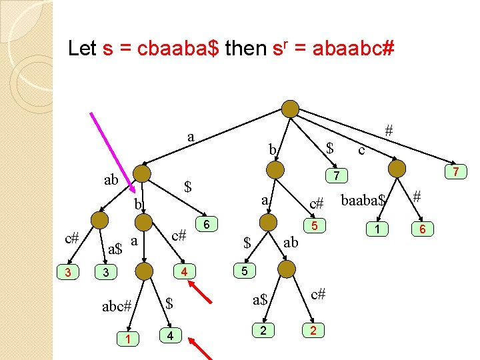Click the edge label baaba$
(x=363, y=199)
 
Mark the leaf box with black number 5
(x=245, y=272)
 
